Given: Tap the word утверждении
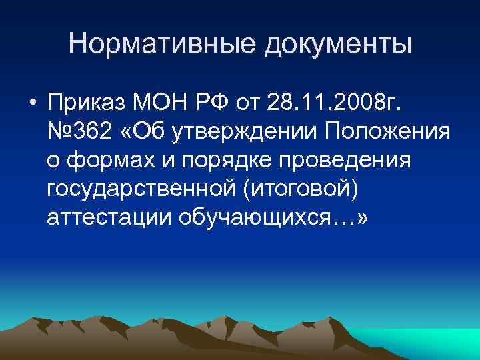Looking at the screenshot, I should click(x=243, y=133).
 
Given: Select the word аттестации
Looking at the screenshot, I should click(x=110, y=219).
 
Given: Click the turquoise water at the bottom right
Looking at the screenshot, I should click(x=427, y=343).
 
